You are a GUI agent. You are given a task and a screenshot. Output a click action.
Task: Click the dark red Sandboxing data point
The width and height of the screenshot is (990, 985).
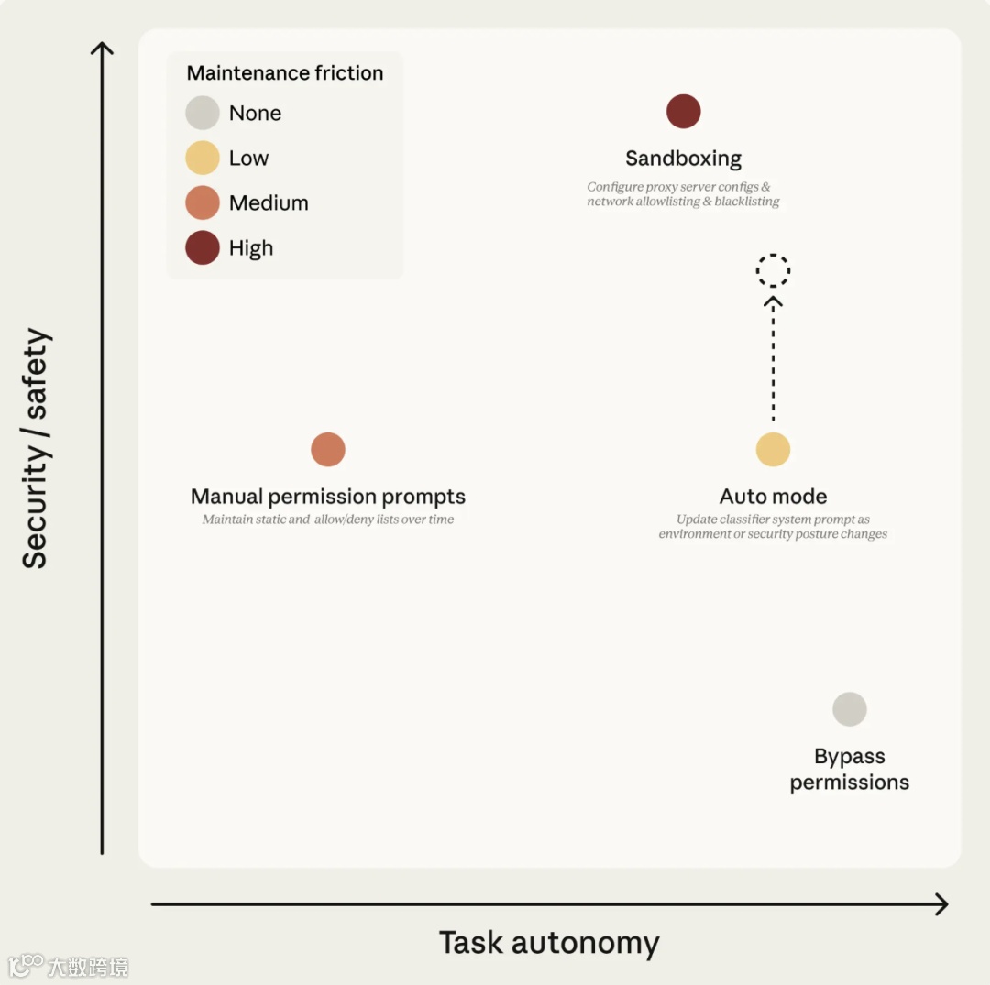click(x=684, y=112)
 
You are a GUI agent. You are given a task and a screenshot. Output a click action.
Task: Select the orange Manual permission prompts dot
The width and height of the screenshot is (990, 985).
click(x=328, y=450)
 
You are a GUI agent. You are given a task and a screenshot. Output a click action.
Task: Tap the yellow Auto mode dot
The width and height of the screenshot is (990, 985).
click(x=773, y=450)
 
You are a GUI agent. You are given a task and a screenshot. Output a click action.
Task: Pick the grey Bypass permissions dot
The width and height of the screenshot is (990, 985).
click(x=850, y=709)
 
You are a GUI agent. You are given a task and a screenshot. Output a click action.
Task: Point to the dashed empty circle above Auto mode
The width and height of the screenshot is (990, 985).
click(x=773, y=270)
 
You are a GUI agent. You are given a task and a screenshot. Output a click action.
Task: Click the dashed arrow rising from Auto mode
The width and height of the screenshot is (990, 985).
click(x=773, y=357)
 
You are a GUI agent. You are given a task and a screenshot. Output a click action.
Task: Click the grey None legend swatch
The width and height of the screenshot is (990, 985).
click(x=203, y=114)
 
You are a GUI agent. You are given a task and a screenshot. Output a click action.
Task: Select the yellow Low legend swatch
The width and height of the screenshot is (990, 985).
click(x=203, y=159)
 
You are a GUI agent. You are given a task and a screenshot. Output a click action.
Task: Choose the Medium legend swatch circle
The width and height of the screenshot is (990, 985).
click(x=203, y=203)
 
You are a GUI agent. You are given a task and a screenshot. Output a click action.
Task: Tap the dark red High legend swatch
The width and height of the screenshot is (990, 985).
click(x=203, y=248)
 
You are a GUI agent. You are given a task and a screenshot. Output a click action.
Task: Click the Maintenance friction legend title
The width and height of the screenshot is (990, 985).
click(x=285, y=73)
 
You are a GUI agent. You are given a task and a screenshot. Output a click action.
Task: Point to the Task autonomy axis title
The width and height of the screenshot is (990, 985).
click(x=549, y=943)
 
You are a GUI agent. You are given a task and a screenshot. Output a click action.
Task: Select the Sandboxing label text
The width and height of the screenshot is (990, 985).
click(x=684, y=159)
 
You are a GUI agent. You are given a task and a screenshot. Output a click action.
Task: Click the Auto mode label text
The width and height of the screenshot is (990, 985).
click(x=773, y=497)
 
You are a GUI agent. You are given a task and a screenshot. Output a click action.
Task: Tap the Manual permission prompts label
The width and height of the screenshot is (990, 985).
click(x=328, y=497)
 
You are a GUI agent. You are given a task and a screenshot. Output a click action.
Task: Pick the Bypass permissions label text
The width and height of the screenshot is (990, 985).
click(x=850, y=770)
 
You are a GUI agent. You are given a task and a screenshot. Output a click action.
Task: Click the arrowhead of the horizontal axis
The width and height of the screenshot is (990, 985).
click(x=940, y=904)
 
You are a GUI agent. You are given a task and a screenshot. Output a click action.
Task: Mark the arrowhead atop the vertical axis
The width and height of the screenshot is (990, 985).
click(x=102, y=49)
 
